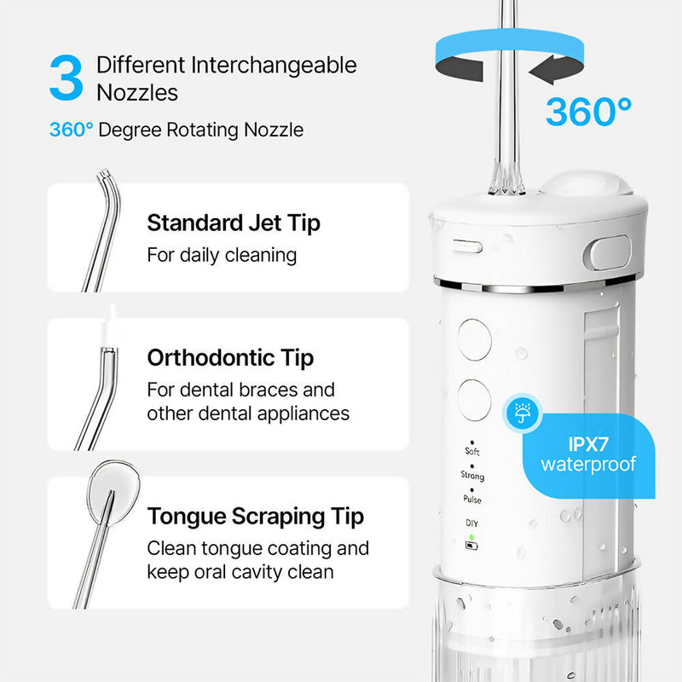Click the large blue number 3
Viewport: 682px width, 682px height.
point(66,78)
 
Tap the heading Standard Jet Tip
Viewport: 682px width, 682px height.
point(234,223)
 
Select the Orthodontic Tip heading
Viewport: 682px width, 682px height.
point(230,358)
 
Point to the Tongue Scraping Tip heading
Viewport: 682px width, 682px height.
point(256,517)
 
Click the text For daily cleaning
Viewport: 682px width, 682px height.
point(222,255)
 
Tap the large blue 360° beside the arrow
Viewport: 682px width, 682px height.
point(588,112)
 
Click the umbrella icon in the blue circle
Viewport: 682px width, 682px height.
point(522,413)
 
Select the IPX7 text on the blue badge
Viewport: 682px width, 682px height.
point(588,444)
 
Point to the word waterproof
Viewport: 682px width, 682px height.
point(588,465)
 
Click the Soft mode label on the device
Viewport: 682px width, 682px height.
point(472,451)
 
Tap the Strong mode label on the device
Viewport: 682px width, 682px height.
point(472,475)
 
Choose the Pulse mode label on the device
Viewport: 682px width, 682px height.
point(472,500)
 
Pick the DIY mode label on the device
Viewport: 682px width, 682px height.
point(472,523)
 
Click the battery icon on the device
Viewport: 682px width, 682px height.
point(471,546)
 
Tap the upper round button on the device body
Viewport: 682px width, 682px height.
point(475,339)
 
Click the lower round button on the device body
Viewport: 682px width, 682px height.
point(474,400)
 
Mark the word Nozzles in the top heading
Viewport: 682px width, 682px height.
point(137,93)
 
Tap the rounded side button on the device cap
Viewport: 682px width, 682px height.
point(609,252)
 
